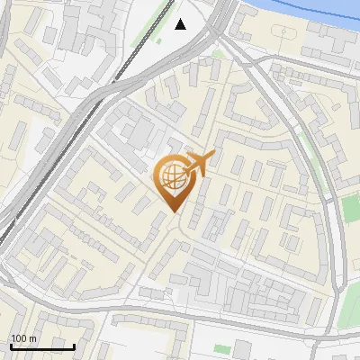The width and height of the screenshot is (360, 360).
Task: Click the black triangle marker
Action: pos(181,24)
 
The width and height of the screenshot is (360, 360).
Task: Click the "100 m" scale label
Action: pos(23,338)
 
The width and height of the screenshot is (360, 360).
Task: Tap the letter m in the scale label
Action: pos(32,338)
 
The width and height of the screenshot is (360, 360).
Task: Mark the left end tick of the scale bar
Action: pos(11,345)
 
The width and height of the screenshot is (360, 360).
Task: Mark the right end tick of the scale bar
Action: pos(74,345)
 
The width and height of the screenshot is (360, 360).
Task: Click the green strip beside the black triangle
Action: pos(163,18)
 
